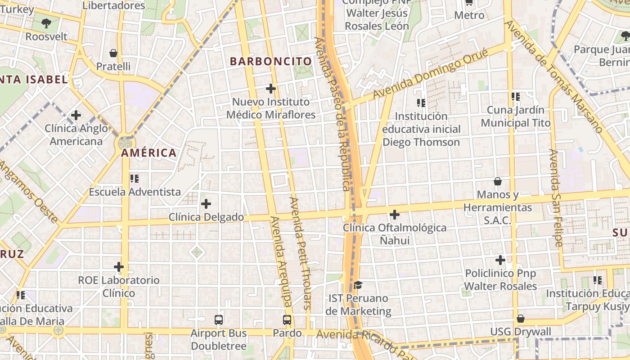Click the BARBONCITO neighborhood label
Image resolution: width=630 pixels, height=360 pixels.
point(271,61)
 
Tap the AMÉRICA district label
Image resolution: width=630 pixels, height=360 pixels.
point(148,153)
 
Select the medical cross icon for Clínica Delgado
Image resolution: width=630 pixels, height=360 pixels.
point(206,204)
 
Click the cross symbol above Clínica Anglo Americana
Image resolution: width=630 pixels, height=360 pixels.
point(76,115)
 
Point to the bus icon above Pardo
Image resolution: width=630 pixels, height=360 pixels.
point(287,320)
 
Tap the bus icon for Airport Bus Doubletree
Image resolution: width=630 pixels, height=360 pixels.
point(219,320)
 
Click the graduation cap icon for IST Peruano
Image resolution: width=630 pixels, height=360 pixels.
point(358,285)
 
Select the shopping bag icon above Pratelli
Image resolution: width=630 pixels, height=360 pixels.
point(113,53)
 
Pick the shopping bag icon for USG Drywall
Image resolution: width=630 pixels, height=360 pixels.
point(521,319)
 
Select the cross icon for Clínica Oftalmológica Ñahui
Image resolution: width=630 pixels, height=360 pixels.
point(395,215)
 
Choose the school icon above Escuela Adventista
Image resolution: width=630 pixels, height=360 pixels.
point(134,179)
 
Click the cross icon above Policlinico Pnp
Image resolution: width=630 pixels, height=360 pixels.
point(500,260)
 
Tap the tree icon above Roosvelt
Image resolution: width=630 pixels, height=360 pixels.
point(46,23)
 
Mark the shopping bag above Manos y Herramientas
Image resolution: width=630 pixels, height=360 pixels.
point(498,181)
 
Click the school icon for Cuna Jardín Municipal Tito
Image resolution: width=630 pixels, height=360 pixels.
point(516,96)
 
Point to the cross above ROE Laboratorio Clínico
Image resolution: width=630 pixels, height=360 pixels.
point(119,267)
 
